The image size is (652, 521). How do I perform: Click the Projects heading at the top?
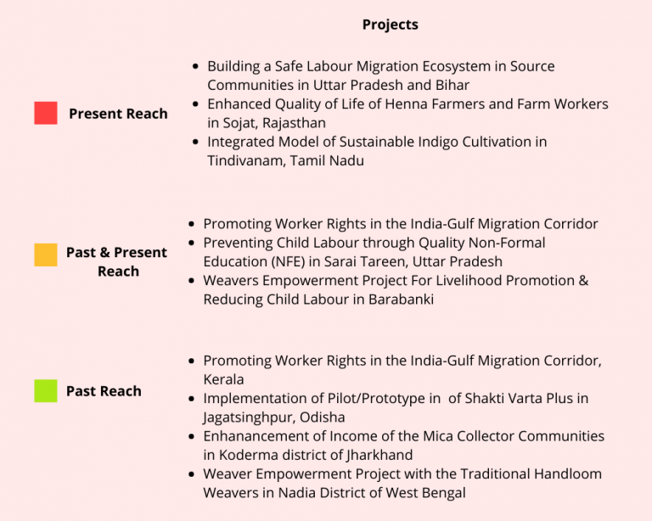pyautogui.click(x=390, y=25)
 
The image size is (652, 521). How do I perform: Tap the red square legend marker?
pyautogui.click(x=46, y=113)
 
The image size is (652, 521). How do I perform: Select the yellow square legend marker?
pyautogui.click(x=46, y=255)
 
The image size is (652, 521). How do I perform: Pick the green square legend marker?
pyautogui.click(x=46, y=391)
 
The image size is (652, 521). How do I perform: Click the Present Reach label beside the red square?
pyautogui.click(x=118, y=114)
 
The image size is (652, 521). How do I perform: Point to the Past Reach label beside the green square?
pyautogui.click(x=104, y=391)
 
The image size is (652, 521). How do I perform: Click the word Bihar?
pyautogui.click(x=452, y=85)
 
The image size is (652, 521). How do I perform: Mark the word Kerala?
pyautogui.click(x=223, y=379)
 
